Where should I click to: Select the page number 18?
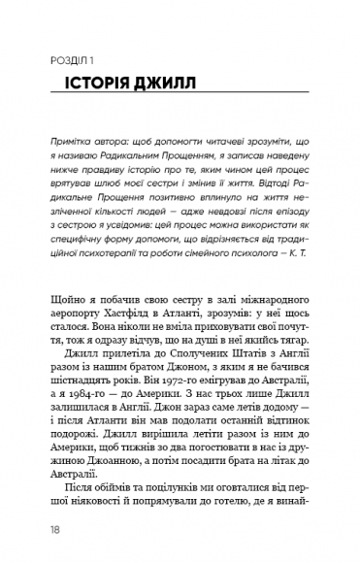click(x=36, y=529)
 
